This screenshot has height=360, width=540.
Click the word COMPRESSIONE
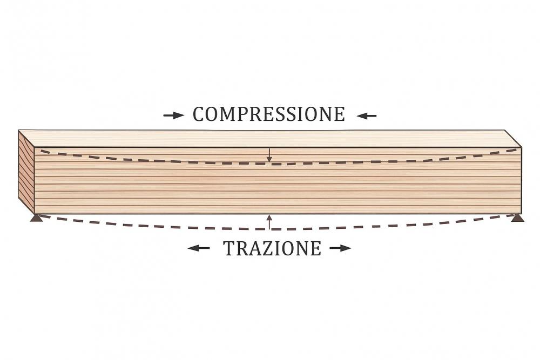click(x=268, y=114)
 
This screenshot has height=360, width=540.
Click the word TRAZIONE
click(x=272, y=248)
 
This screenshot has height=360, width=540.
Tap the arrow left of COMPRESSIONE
click(x=173, y=116)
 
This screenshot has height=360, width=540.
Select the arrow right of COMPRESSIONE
click(x=367, y=116)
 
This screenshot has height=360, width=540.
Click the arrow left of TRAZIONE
click(x=199, y=248)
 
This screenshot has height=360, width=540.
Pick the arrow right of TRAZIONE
click(x=340, y=248)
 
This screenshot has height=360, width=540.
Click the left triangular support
click(x=37, y=218)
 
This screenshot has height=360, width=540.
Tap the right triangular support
click(x=518, y=218)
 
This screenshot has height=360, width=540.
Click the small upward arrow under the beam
click(x=269, y=222)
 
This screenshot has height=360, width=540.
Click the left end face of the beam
click(x=26, y=172)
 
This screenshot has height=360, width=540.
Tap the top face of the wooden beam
click(x=271, y=139)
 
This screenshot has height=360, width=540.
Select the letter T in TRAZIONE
click(x=230, y=248)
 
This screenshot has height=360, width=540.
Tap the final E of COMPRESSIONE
click(x=339, y=114)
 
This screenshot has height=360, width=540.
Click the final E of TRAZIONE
click(x=316, y=248)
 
